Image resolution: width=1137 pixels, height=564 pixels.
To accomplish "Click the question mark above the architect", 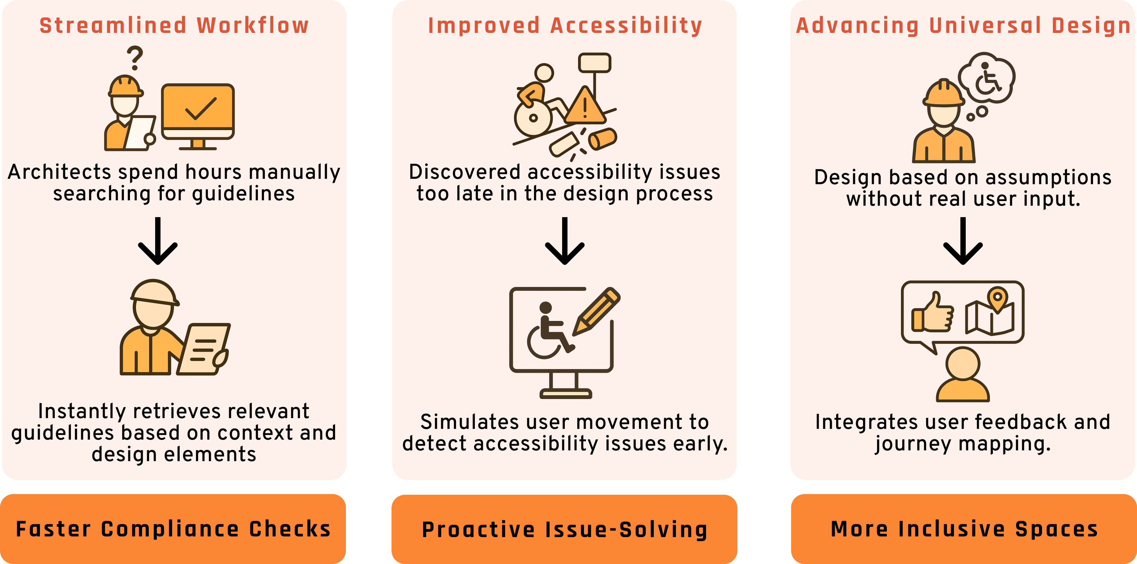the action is (135, 58).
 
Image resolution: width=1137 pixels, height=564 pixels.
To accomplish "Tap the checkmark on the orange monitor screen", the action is (201, 108).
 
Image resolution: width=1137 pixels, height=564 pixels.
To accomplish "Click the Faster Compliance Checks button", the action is (173, 529).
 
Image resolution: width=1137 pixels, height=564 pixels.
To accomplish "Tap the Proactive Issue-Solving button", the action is (564, 529).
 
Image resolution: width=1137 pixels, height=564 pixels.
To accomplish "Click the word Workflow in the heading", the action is (253, 26).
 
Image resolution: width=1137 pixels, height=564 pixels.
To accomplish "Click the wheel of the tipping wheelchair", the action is (533, 118).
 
